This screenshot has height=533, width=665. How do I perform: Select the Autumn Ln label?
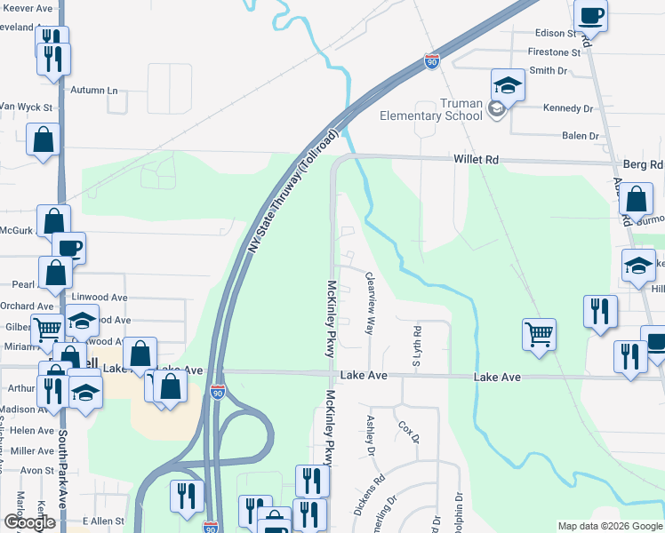pos(94,91)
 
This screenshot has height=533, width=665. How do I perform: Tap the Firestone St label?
pos(554,52)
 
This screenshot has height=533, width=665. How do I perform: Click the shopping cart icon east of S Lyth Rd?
pos(539,335)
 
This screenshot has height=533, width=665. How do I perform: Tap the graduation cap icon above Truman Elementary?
pos(508,85)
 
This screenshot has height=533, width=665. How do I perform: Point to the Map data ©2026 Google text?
pos(610,526)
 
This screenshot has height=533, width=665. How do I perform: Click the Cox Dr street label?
pos(408,434)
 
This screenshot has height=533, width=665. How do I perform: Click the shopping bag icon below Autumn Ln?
pos(43,139)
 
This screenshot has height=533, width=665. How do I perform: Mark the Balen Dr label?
pos(581,136)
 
